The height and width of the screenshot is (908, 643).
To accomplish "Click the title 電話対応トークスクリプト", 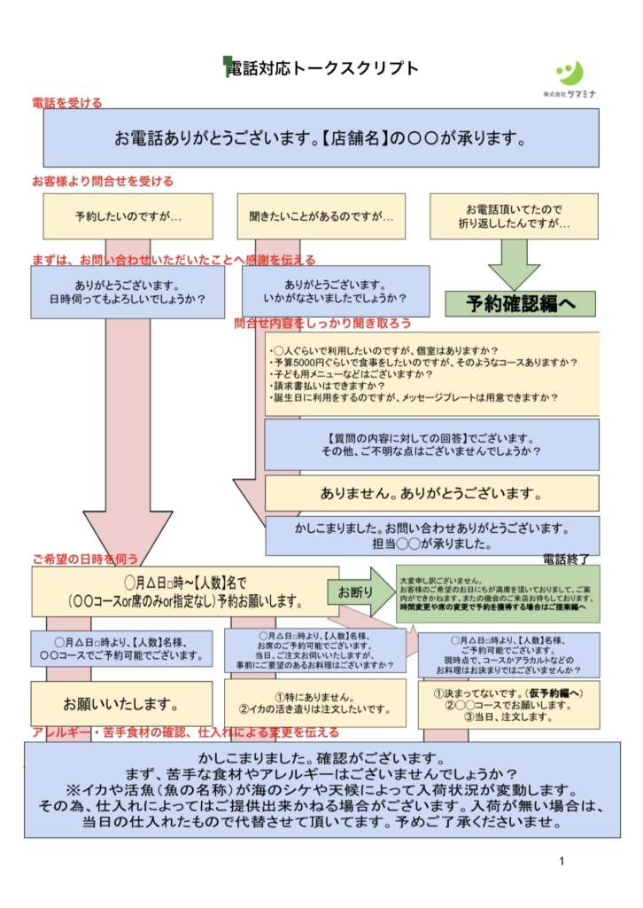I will point(321,69).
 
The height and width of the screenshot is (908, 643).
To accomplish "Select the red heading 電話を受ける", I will point(67,103).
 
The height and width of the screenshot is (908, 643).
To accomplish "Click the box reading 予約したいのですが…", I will point(128,216).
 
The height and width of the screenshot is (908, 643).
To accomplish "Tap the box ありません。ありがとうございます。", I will point(431,493).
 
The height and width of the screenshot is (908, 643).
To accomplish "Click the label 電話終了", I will point(567,559).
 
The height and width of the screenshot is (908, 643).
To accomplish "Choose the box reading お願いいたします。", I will point(122,704).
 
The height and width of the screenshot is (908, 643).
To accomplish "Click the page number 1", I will point(562,862).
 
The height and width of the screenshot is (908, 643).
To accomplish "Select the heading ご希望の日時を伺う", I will point(85,560).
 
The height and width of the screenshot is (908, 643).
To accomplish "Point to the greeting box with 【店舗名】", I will point(321,138).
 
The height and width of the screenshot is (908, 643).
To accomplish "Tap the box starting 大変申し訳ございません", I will point(498,592).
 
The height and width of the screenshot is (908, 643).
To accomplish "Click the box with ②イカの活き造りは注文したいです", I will point(315,703).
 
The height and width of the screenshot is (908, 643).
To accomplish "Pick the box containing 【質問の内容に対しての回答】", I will point(431,444).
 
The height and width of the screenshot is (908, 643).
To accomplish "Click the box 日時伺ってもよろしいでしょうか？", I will point(128,293).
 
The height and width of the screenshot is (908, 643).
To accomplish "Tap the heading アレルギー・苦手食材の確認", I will point(185,732).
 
